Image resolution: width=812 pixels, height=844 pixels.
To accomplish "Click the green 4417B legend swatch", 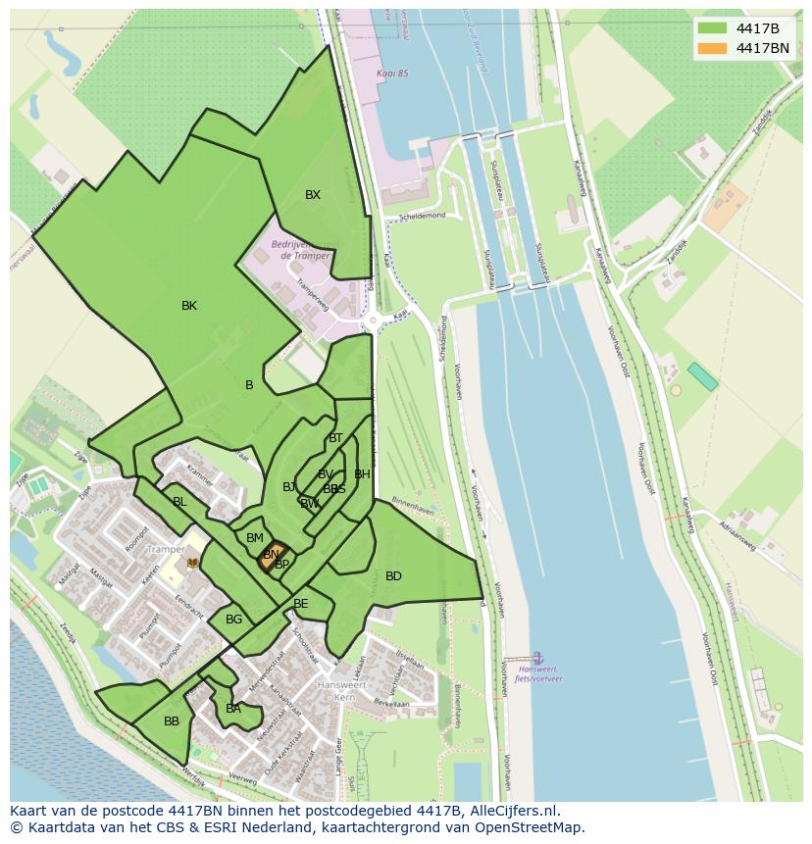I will click(712, 28).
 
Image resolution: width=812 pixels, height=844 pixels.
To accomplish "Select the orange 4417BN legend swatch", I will click(712, 48).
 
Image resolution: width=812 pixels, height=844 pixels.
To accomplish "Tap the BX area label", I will click(312, 195).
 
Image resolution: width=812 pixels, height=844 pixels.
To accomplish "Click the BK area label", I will click(189, 306).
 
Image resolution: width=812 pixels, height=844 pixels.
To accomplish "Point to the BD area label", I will click(393, 576).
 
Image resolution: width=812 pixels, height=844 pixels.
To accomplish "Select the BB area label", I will click(172, 721).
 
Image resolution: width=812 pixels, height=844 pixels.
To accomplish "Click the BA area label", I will click(233, 709).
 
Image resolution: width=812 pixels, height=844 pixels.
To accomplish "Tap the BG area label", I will click(233, 620).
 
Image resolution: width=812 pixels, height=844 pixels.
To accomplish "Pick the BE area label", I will click(301, 604).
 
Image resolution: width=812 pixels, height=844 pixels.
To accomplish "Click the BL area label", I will click(179, 502).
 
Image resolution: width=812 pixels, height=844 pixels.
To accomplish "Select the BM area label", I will click(255, 538).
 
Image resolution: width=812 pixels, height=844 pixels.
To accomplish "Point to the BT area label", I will click(336, 438).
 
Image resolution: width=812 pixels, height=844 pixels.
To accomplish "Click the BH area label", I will click(362, 474).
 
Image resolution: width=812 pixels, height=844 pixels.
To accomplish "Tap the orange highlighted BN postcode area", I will click(272, 557).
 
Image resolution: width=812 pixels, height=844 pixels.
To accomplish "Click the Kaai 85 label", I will click(391, 74).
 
